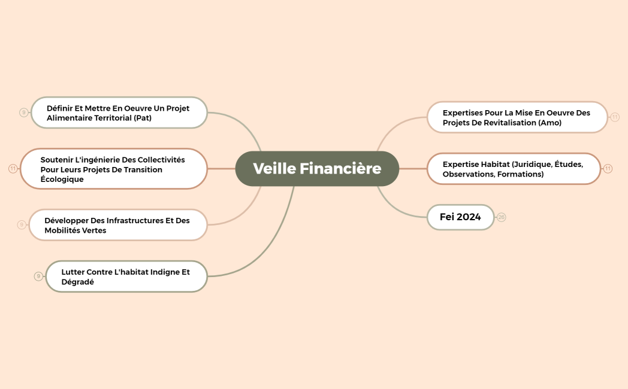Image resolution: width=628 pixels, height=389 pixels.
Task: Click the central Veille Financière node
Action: (317, 169)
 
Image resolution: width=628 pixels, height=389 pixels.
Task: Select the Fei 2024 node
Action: (460, 217)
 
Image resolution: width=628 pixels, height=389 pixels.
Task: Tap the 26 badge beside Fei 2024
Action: (502, 217)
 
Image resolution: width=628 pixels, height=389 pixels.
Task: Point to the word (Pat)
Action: (143, 118)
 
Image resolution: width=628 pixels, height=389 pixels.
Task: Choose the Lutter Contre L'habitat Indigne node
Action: (126, 276)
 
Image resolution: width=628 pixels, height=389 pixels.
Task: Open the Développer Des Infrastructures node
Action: (117, 225)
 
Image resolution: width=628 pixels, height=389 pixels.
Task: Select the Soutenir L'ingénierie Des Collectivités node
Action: (113, 169)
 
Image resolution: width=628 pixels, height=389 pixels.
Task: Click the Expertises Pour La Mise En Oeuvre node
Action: (517, 117)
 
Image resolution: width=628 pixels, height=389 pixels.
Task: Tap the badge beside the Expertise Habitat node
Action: (608, 169)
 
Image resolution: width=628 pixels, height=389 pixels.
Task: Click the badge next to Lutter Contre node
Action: (38, 276)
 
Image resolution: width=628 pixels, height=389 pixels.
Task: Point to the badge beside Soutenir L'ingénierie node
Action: (13, 169)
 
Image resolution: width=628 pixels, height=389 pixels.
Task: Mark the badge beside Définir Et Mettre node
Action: (23, 113)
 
